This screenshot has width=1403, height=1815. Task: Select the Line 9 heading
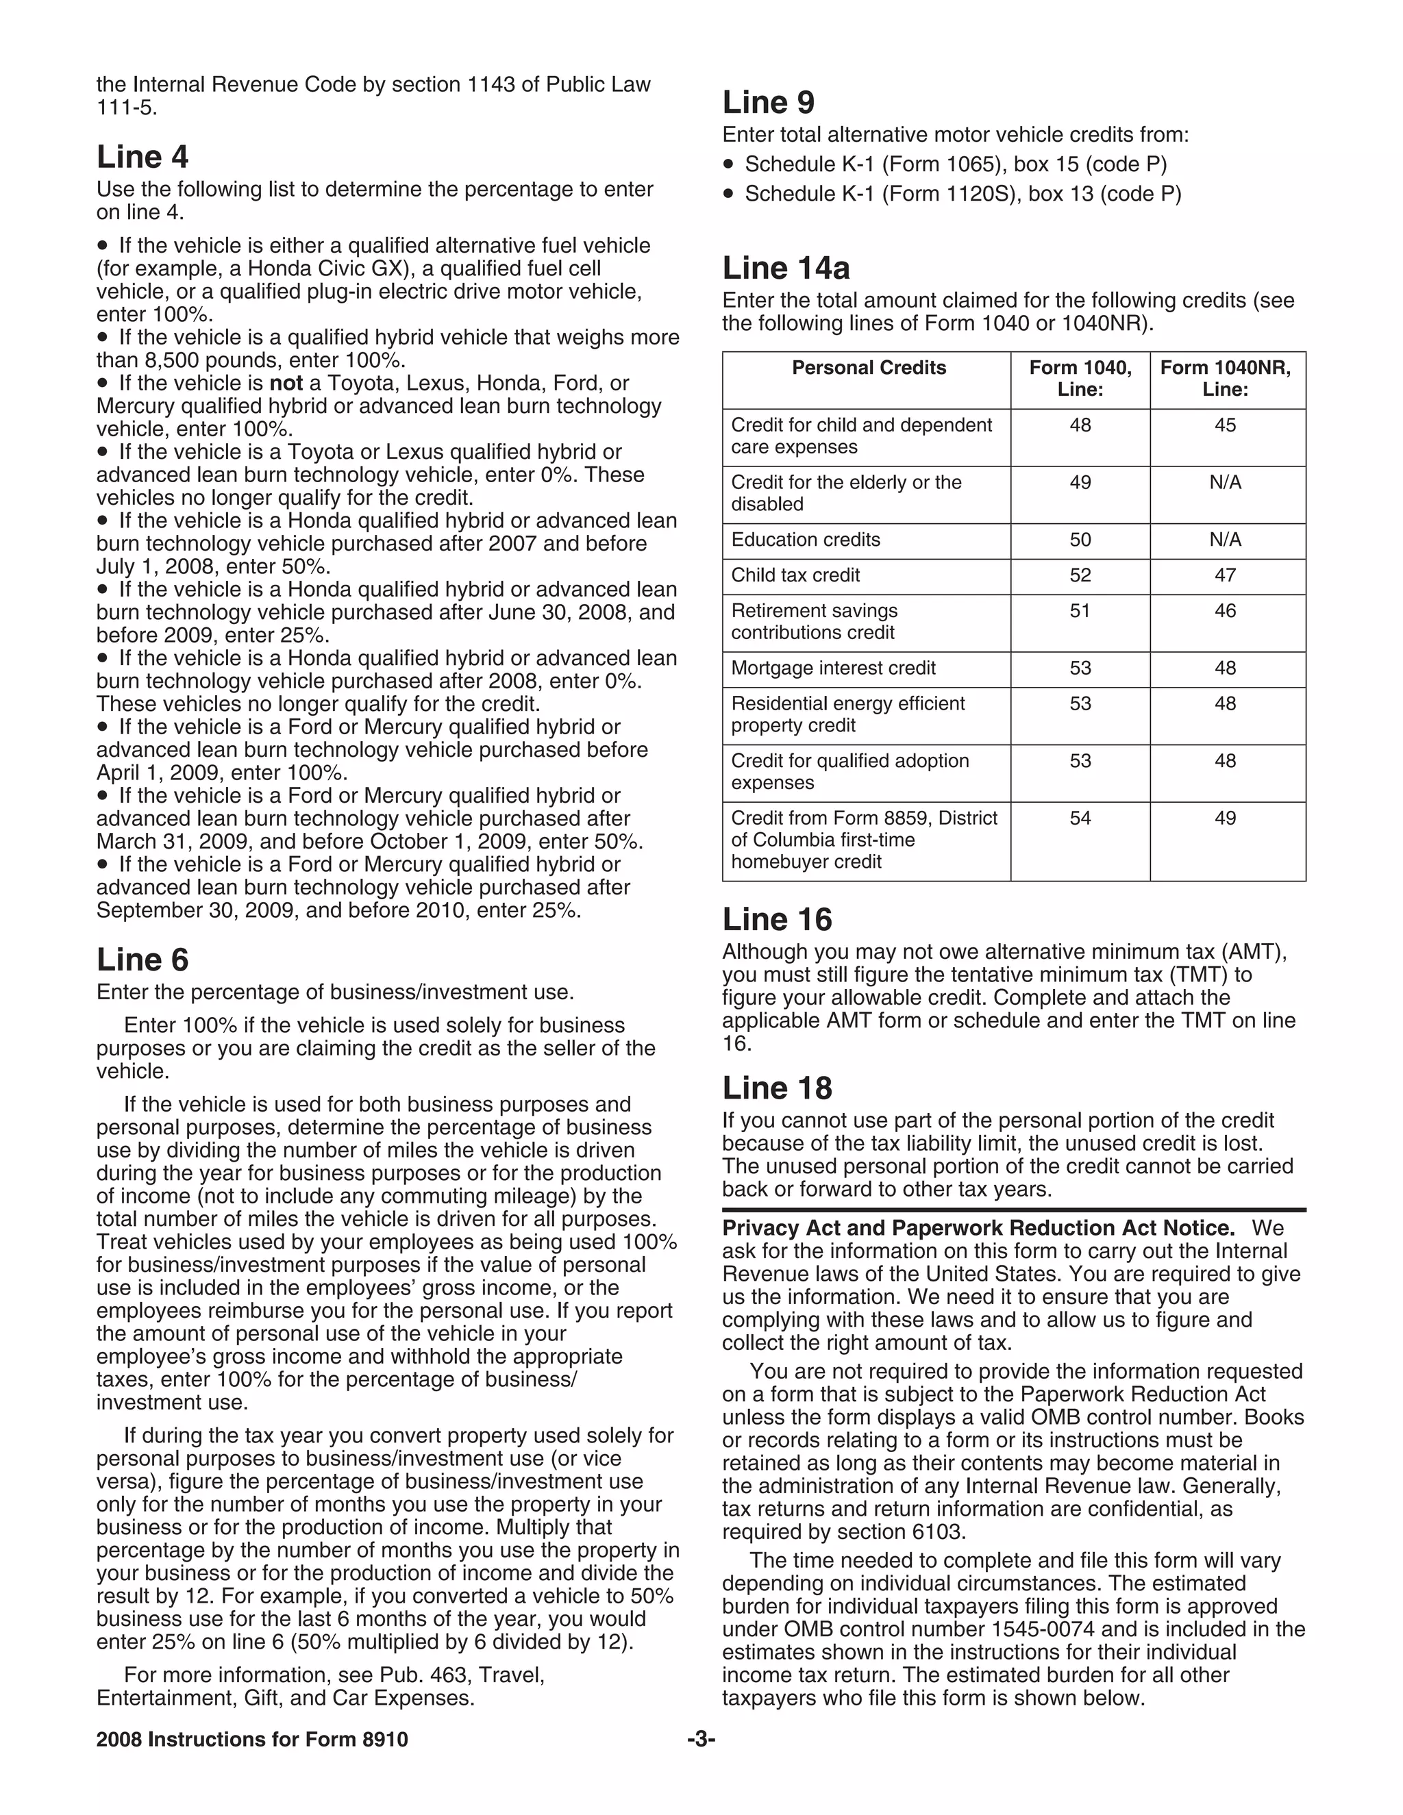click(768, 102)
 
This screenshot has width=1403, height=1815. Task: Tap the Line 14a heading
click(786, 268)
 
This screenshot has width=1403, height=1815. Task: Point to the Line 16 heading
click(776, 919)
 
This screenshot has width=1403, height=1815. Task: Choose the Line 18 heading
click(776, 1088)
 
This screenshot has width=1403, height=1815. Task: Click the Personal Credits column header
click(869, 368)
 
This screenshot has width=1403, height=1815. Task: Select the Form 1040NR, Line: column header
click(1225, 378)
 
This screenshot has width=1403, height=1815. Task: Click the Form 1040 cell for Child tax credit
click(1080, 575)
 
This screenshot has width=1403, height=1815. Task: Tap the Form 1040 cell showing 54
click(1080, 818)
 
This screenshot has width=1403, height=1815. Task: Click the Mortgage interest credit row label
click(833, 668)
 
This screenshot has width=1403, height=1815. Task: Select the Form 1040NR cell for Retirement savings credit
click(1225, 611)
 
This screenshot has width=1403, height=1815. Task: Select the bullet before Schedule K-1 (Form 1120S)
click(729, 195)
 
